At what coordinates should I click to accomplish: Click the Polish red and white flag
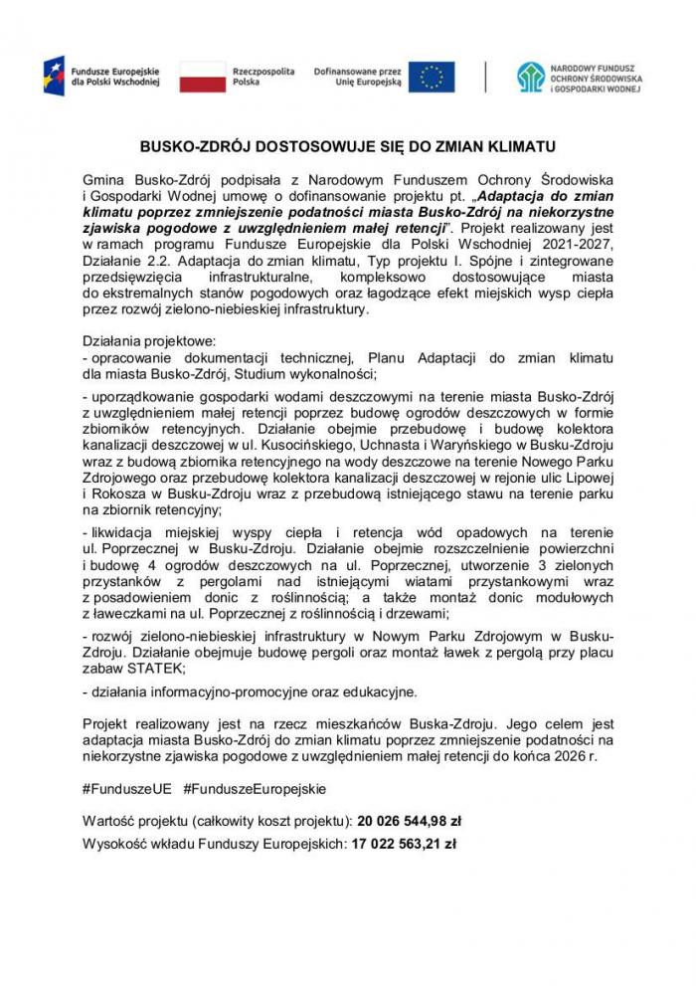(203, 77)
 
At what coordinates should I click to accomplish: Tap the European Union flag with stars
(432, 77)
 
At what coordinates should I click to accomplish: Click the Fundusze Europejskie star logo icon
(54, 77)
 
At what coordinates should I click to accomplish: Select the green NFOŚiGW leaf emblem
(531, 77)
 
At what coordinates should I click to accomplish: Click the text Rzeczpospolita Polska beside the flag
(262, 77)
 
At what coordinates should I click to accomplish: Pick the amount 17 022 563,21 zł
(403, 843)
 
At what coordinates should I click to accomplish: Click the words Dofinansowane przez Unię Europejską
(357, 77)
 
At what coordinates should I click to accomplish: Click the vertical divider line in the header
(486, 77)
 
